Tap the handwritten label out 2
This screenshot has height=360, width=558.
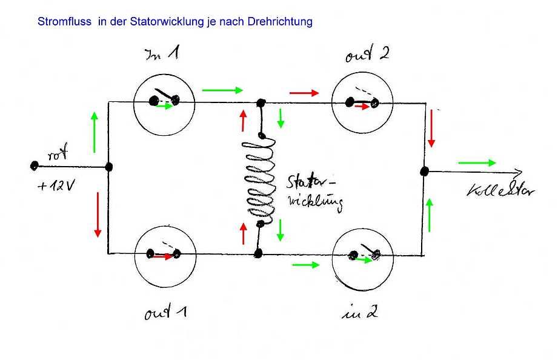[367, 55]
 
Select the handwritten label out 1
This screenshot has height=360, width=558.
[165, 313]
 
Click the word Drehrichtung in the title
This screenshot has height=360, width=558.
[283, 22]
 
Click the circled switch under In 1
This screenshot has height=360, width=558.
[163, 101]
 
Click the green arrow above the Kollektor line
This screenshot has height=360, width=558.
[477, 162]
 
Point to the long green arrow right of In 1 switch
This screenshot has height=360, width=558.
[222, 90]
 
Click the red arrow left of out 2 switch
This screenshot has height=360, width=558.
[304, 93]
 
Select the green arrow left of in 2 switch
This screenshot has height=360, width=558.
[305, 265]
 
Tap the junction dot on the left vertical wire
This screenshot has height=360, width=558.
[109, 167]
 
